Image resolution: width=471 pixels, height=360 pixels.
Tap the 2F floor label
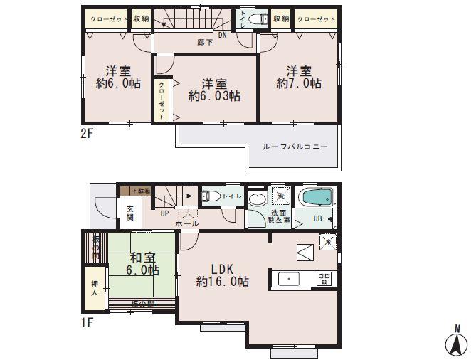[87, 133]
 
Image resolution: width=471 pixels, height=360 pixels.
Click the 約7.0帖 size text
[299, 83]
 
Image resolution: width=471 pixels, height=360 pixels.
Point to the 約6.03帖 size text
[213, 95]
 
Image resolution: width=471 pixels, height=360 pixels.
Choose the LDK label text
[222, 269]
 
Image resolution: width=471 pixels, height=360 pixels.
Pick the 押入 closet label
[94, 287]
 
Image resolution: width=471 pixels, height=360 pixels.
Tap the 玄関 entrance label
[130, 213]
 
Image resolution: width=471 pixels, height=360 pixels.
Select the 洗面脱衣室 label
[279, 216]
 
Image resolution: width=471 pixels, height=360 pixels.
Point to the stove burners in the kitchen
[324, 278]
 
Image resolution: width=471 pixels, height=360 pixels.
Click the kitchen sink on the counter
[289, 279]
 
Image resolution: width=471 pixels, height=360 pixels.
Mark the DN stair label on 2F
[222, 34]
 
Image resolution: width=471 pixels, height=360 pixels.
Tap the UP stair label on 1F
[164, 213]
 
